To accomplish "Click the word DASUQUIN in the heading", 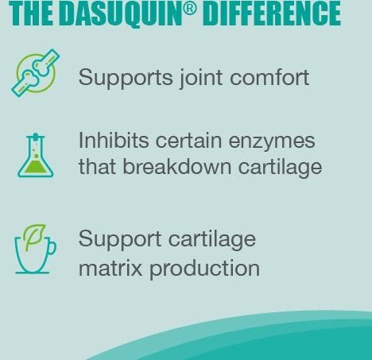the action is coord(121,14).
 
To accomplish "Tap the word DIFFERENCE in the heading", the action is coord(273,14).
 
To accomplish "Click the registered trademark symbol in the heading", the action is coord(190,9).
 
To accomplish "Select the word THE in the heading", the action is coord(30,14).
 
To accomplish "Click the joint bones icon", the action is coord(36,73).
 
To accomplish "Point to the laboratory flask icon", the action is coord(36,155).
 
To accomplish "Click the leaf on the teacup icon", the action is coord(34,236).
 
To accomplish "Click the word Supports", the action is coord(126,78).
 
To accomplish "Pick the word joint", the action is coord(201,78).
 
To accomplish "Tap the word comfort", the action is coord(269,77).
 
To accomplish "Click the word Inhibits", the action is coord(114,140).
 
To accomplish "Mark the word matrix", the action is coord(110,268).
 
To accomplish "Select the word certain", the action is coord(188,140).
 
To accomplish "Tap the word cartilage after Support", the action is coord(212,240).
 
